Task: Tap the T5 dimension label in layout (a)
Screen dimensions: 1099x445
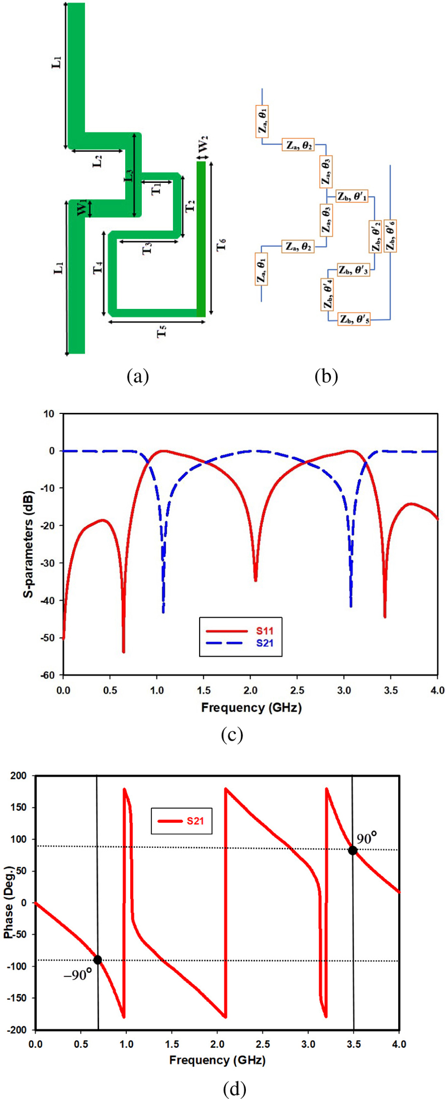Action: tap(161, 332)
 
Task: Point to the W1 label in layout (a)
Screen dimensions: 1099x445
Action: tap(82, 208)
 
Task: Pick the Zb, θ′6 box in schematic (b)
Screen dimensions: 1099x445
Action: tap(391, 236)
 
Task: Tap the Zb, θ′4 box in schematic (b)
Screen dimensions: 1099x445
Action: tap(327, 294)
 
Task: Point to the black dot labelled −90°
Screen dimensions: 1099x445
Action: tap(98, 960)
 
